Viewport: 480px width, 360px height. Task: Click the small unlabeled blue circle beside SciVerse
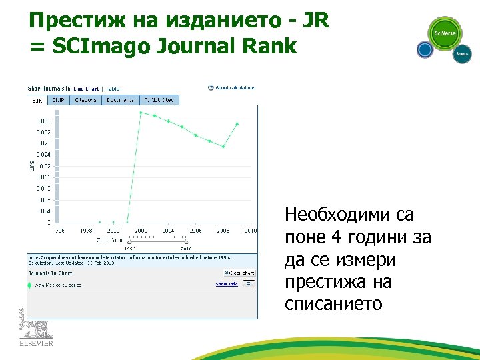coord(425,49)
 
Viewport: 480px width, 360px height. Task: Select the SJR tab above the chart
coord(37,100)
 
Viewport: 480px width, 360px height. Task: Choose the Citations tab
coord(85,100)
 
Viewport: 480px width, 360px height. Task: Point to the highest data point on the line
coord(141,112)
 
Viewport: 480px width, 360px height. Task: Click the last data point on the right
coord(237,124)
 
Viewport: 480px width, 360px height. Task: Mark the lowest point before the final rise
coord(223,147)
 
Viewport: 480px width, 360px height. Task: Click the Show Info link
coord(227,284)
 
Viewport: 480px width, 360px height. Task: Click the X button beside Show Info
coord(248,284)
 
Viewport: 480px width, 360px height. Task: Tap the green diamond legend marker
coord(29,285)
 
